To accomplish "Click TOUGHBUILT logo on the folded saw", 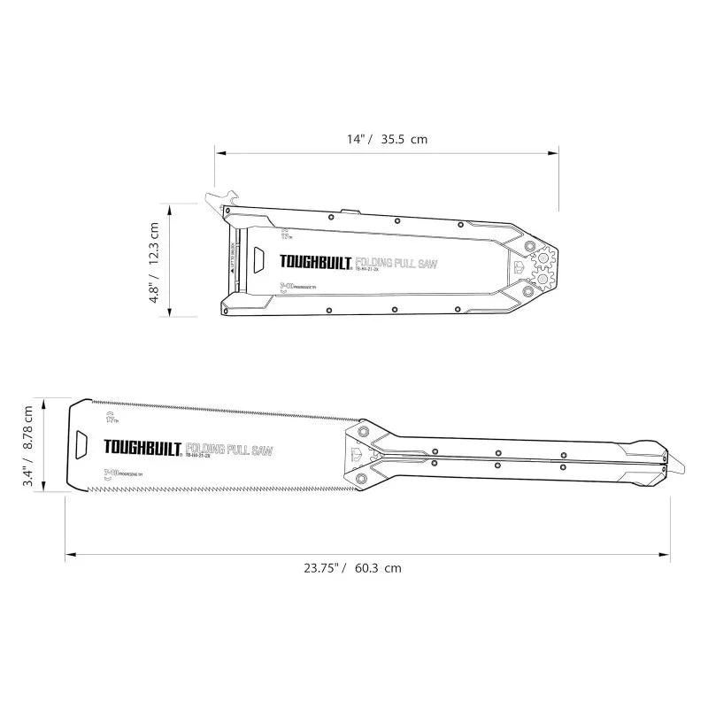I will click(x=316, y=262).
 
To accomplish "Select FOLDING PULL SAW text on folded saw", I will click(x=398, y=263).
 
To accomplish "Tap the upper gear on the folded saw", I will click(x=542, y=259).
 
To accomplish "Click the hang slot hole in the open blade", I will click(x=81, y=442).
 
